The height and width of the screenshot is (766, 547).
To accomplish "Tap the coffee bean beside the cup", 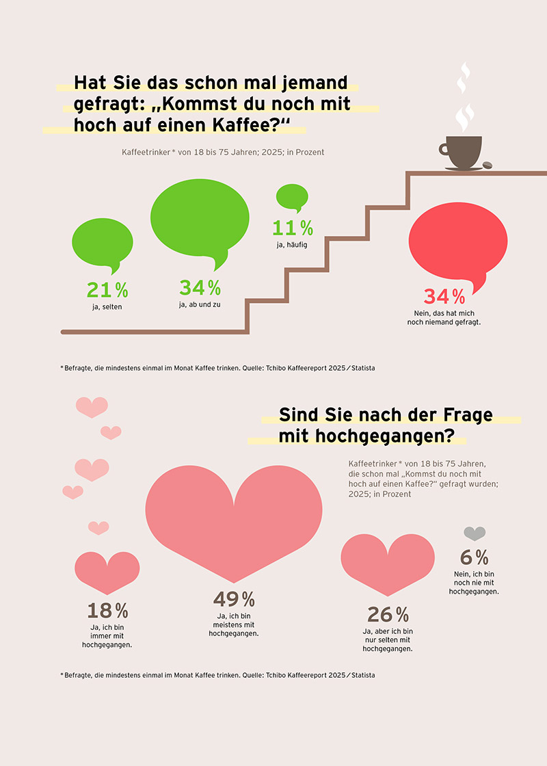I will [x=488, y=166].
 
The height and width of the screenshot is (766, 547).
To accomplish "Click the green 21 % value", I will [x=107, y=290].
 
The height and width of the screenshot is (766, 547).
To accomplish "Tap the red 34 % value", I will [x=444, y=297].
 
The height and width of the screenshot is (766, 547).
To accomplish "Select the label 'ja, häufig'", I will [x=292, y=244].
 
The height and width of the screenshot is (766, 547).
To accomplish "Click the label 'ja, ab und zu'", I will [x=200, y=304].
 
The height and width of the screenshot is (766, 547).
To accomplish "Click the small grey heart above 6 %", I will [x=475, y=533].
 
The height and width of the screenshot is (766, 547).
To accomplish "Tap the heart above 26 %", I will [x=386, y=561].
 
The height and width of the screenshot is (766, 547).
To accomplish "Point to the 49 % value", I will [x=234, y=600].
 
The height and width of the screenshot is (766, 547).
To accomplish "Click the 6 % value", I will [x=474, y=557].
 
